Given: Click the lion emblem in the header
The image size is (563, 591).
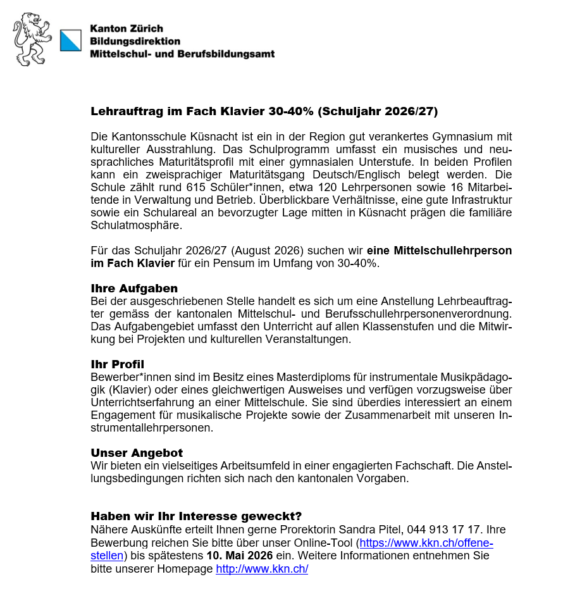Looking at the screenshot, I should point(33,39).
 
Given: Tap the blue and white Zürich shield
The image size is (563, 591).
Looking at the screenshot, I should point(70,40).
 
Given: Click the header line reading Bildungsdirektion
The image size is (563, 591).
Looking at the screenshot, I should point(135,41).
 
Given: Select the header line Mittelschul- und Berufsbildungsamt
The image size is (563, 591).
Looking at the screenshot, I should point(182,54).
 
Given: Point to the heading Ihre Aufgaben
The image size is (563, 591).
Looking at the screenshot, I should point(134,289).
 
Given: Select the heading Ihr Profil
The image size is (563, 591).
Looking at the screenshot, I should point(118,364).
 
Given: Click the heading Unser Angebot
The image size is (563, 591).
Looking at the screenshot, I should point(137,453).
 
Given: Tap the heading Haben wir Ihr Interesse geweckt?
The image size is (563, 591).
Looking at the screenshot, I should point(196,516).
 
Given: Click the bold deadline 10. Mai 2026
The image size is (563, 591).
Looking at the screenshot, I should point(240,556).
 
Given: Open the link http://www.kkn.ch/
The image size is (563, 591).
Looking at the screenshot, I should point(262,569).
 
